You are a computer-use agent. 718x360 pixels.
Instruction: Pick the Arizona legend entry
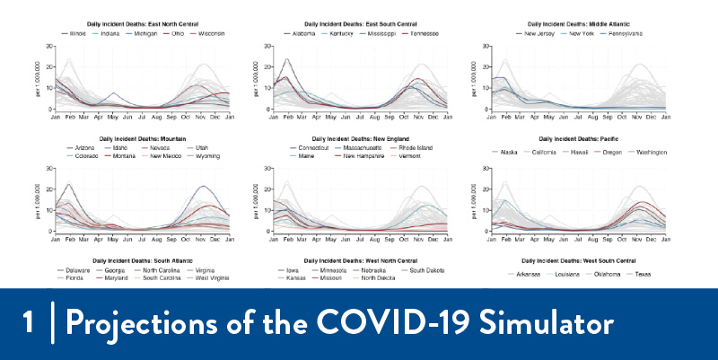[x=86, y=146]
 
